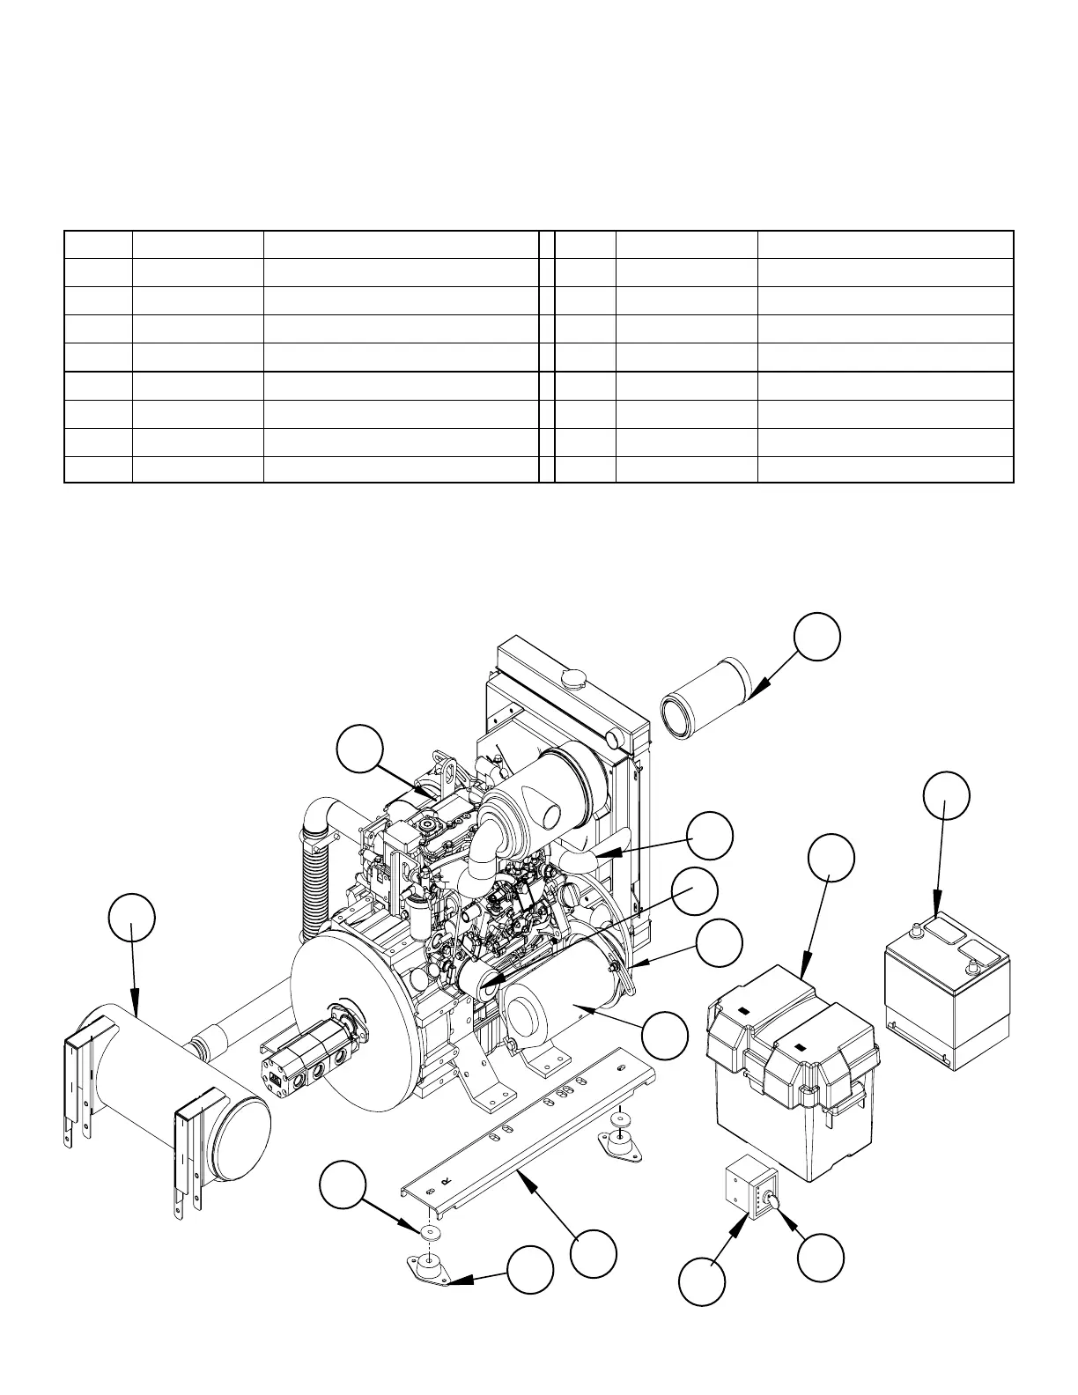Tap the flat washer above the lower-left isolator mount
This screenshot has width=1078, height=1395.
(430, 1231)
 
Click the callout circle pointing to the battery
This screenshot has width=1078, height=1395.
(947, 795)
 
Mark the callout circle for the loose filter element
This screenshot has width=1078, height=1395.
(816, 637)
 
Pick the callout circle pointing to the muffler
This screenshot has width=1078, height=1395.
(131, 917)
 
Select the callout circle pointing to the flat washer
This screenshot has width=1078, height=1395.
(342, 1185)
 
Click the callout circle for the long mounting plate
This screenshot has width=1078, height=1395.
(593, 1253)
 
